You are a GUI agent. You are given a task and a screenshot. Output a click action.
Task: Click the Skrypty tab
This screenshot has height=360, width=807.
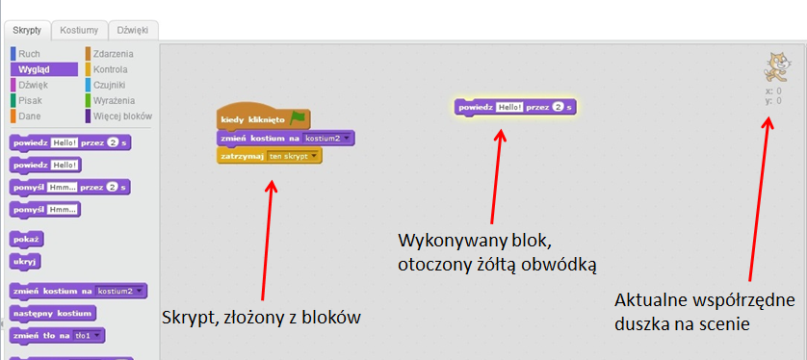coord(25,30)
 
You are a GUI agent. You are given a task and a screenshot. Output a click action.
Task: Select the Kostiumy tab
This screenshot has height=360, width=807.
coord(78,30)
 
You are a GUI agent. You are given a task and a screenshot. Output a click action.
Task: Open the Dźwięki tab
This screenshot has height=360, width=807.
coord(132,30)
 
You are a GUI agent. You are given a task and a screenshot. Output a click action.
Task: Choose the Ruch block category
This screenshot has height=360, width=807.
coord(29,54)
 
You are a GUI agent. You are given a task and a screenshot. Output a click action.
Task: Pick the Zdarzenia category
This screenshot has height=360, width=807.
coord(113,54)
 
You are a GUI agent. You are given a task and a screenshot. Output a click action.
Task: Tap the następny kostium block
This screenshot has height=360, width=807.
coord(52,313)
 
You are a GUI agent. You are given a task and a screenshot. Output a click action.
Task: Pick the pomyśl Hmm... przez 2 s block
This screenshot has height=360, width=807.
coord(68,186)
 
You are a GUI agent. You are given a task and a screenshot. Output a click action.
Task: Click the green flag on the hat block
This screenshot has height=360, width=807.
coord(298,117)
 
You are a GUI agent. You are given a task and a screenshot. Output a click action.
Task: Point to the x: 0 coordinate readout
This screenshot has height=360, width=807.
coord(772,90)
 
